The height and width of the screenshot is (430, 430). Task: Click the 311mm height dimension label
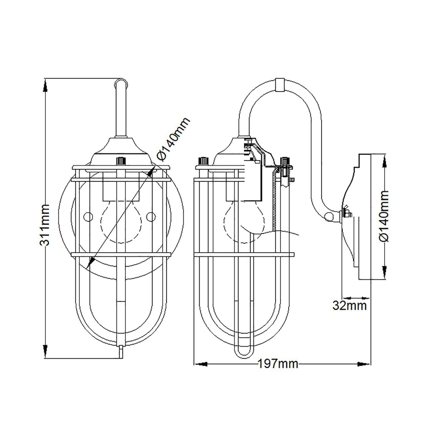tap(45, 225)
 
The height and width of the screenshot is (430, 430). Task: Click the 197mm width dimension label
tap(278, 364)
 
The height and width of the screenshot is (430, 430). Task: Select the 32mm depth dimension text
tap(349, 306)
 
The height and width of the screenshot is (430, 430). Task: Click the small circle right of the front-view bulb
tap(150, 216)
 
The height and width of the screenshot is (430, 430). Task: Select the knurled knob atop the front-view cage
tap(121, 161)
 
